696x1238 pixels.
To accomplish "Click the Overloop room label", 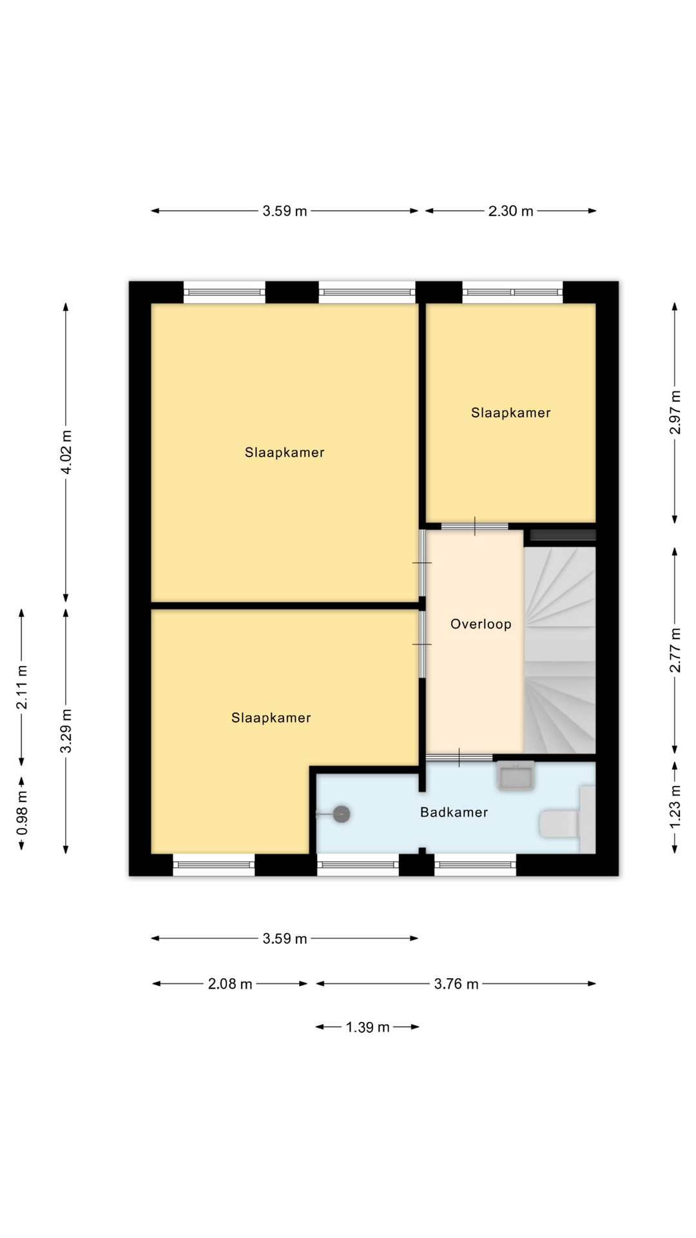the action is [481, 624].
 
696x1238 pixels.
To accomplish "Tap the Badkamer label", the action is [454, 812].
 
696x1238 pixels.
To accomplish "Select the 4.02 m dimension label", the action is [66, 451].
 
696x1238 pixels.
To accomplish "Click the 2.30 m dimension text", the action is [510, 211].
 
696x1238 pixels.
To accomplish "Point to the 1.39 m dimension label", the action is [367, 1027].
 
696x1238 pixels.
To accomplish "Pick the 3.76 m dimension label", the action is [456, 984].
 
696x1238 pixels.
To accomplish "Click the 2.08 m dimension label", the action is [230, 984].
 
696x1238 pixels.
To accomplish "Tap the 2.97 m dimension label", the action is [675, 412].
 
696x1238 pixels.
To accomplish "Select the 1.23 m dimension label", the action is [675, 807].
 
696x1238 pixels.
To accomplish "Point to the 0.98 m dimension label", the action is [22, 812].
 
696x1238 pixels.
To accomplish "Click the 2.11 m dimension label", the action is [22, 687].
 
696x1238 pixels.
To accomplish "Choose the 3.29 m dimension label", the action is [66, 731].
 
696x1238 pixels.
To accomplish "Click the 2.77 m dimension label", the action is [675, 650].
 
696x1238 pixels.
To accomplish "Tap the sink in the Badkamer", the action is [516, 775].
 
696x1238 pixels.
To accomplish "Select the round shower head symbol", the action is [342, 814].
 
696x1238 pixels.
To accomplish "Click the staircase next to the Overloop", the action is [559, 650].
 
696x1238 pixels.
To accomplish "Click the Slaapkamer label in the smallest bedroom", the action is [510, 413].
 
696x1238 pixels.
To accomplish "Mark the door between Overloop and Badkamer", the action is [459, 758].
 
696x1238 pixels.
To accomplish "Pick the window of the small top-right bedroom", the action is [512, 292].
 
